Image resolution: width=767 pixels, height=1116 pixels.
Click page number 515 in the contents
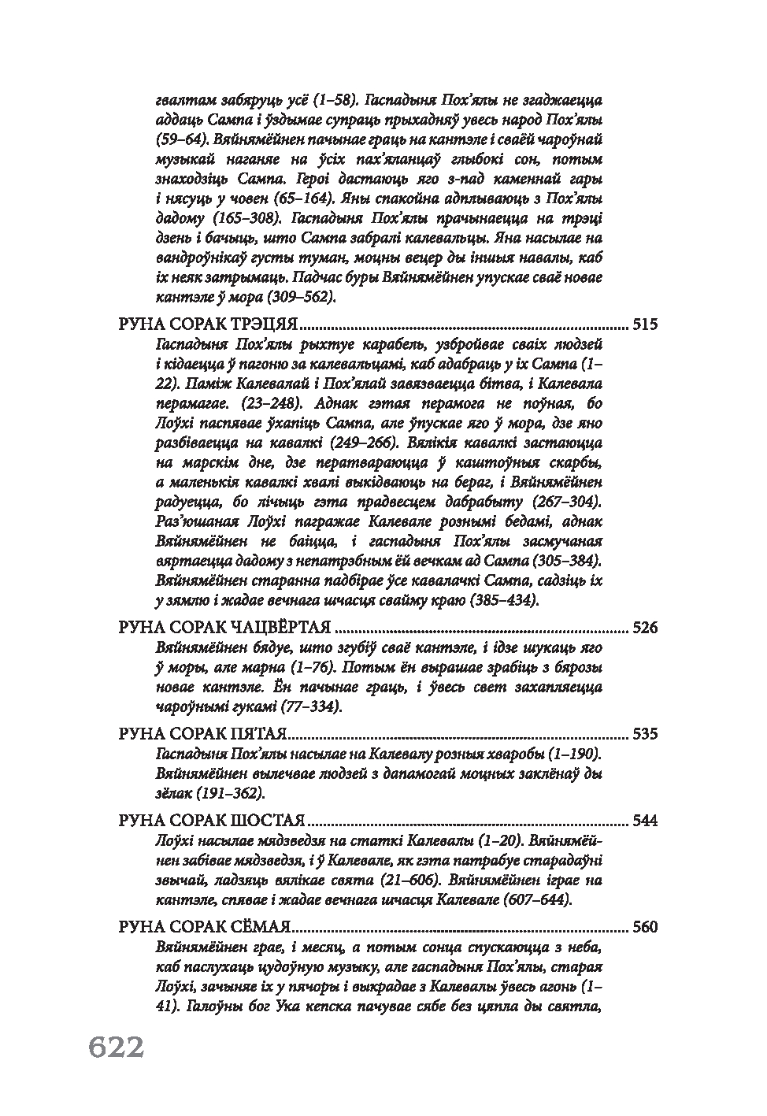click(644, 324)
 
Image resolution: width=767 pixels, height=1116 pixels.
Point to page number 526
click(644, 628)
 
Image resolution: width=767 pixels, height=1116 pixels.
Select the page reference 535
click(644, 735)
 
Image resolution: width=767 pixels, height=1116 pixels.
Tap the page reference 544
click(644, 821)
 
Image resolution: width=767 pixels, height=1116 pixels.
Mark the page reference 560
click(644, 927)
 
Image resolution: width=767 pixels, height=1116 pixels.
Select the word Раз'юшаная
click(193, 521)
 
